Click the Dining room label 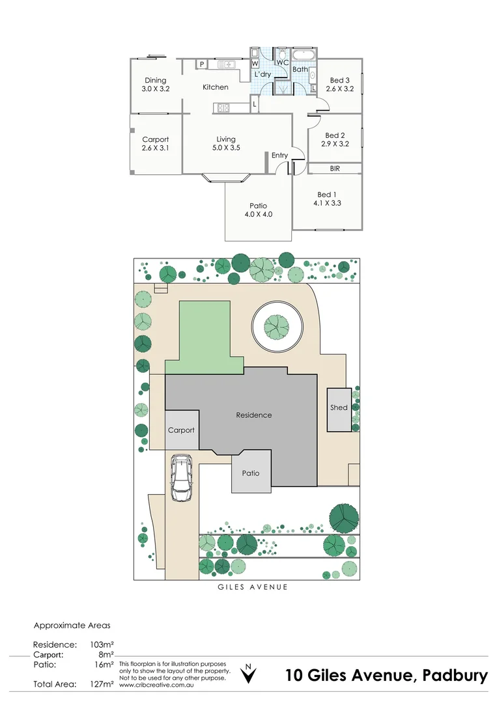point(155,81)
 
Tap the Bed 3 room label point(339,81)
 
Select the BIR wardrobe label point(335,169)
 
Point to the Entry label point(279,156)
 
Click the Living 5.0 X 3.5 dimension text point(226,148)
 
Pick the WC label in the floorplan point(283,62)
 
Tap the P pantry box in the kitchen point(203,64)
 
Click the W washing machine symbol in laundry point(255,64)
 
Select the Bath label point(300,70)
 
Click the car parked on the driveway point(180,478)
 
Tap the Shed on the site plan point(339,409)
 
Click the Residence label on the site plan point(253,415)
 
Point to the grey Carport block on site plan point(181,430)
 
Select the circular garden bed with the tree point(276,326)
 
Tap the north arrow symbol point(248,674)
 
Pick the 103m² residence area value point(102,644)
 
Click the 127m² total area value point(102,684)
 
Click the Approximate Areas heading point(72,625)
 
